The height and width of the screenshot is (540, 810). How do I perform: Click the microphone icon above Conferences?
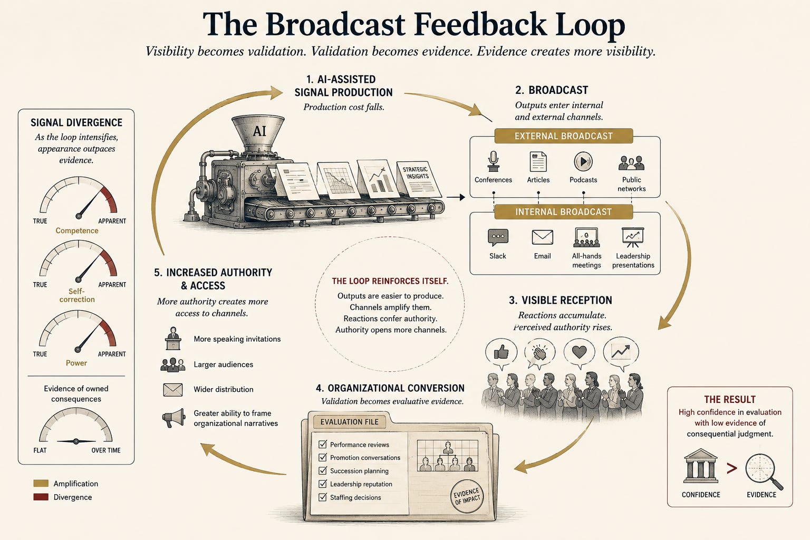click(493, 161)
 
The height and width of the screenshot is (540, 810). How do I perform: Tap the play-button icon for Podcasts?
click(583, 161)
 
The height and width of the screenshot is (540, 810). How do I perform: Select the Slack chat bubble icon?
click(498, 238)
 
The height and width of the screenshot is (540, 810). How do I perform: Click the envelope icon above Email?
click(543, 237)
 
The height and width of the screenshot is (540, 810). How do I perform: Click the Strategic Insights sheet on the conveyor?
click(419, 179)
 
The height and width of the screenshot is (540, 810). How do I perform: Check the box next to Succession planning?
click(323, 470)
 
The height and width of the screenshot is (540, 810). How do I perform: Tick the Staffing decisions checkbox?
click(323, 497)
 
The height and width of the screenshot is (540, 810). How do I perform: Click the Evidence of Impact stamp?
click(467, 496)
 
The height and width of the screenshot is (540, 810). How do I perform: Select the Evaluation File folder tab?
click(349, 422)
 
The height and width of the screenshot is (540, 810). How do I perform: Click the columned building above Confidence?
click(700, 466)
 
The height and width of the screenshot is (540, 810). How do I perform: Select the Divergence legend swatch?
click(41, 497)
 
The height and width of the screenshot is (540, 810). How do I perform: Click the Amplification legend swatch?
click(41, 483)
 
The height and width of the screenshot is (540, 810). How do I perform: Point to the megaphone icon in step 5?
click(173, 418)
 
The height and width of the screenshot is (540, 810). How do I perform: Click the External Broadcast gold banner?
click(563, 136)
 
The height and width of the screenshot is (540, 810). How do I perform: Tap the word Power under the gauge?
click(76, 363)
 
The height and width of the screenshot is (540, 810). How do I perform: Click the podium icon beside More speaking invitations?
click(173, 338)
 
